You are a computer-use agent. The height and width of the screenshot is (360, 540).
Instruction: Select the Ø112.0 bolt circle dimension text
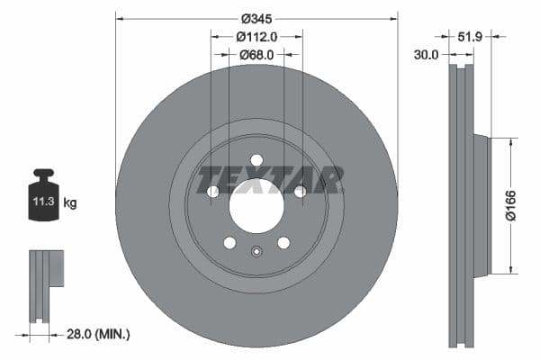tap(256, 37)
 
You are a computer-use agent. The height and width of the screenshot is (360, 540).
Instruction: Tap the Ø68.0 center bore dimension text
tap(256, 55)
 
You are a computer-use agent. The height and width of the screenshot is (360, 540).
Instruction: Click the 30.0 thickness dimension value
tap(426, 55)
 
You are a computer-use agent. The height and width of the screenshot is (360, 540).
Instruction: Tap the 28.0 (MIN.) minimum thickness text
tap(98, 334)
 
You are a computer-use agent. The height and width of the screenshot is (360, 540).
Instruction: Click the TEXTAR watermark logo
tap(270, 180)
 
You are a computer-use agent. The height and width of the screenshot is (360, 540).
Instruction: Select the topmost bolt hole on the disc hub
tap(256, 161)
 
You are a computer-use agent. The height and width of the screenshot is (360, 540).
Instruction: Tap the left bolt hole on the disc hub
tap(213, 191)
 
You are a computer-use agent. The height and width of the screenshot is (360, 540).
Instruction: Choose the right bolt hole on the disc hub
tap(300, 191)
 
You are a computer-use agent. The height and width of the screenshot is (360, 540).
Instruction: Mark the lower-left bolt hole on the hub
tap(229, 242)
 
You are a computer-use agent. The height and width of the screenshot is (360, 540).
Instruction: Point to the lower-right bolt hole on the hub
tap(283, 242)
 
